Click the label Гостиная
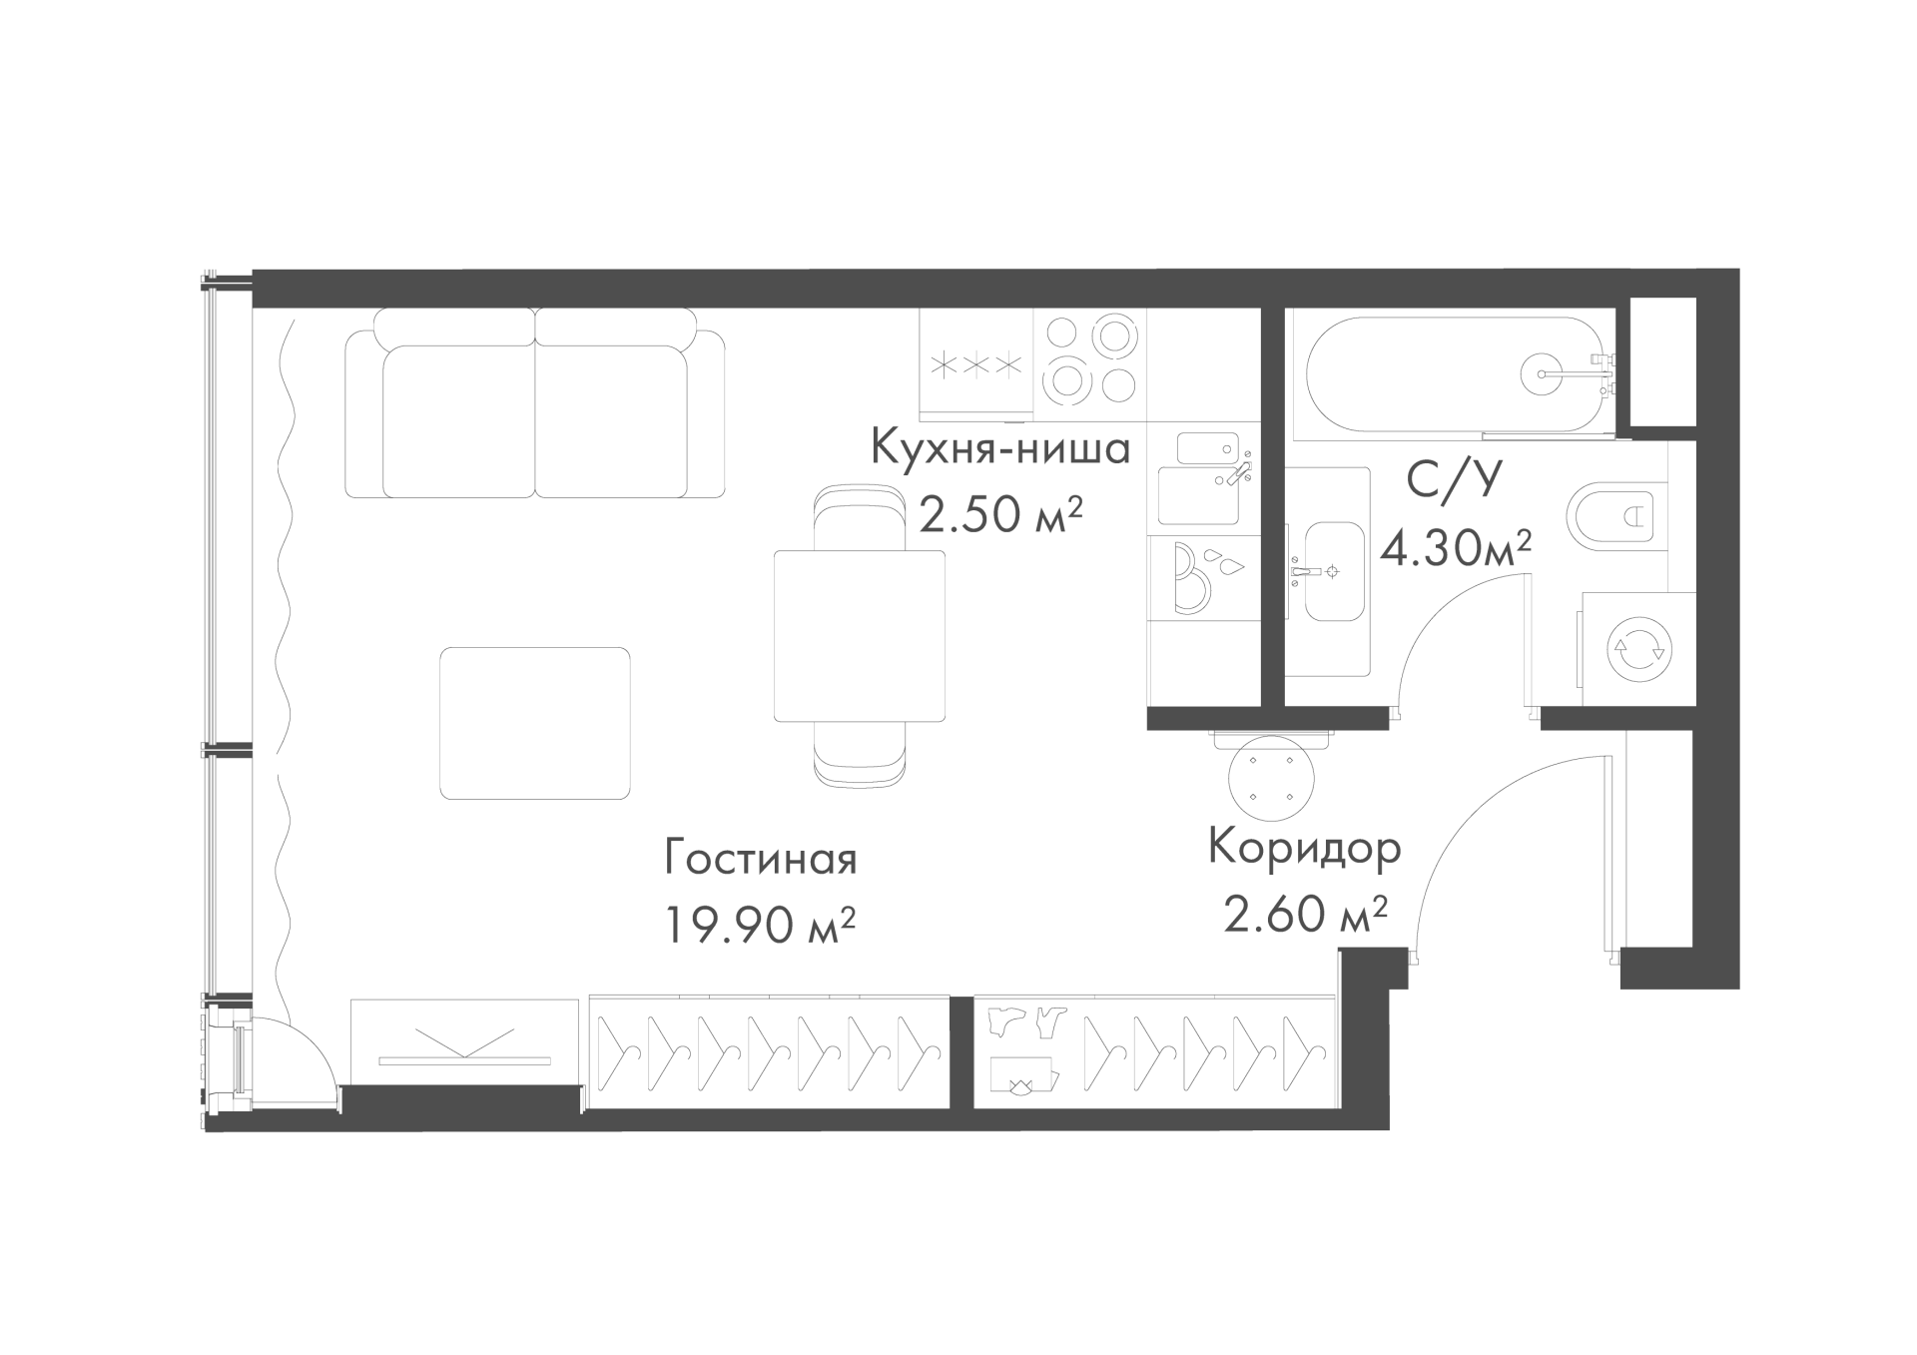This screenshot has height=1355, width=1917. click(x=761, y=860)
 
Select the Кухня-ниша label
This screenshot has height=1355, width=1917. click(x=1000, y=448)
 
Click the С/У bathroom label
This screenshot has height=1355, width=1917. click(x=1454, y=480)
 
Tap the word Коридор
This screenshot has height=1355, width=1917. click(x=1305, y=849)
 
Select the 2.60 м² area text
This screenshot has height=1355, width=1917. click(x=1306, y=914)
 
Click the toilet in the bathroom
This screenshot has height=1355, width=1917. click(x=1617, y=516)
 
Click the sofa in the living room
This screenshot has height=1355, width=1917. click(x=534, y=402)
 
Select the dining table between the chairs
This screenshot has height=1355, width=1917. click(x=860, y=636)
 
